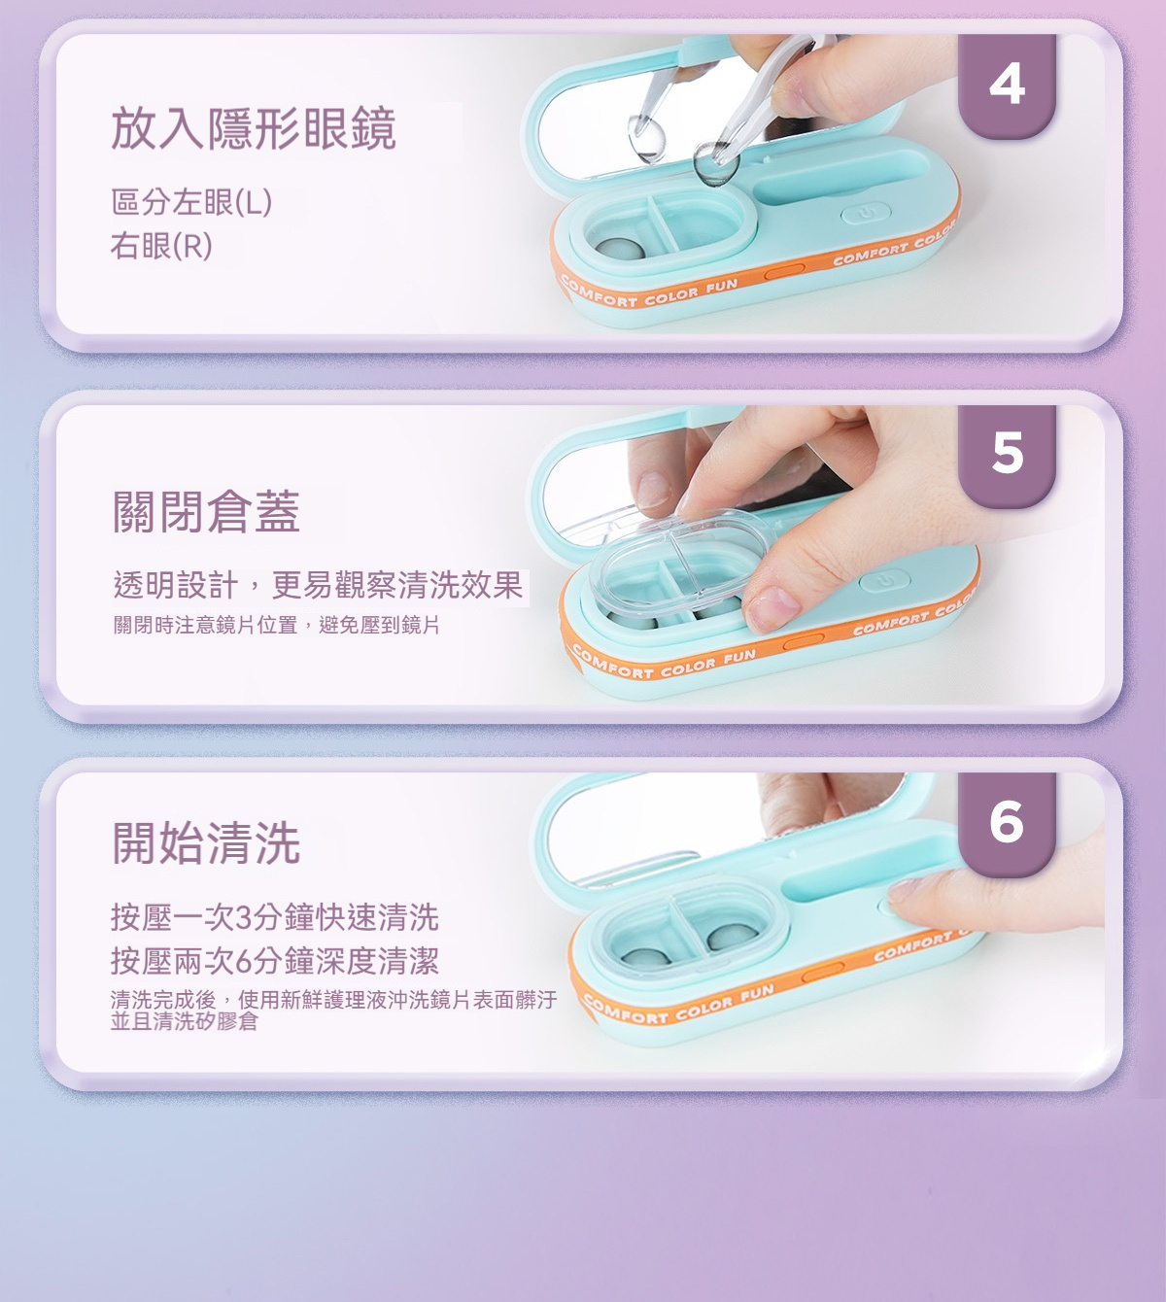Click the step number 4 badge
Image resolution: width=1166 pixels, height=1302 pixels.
coord(1007,86)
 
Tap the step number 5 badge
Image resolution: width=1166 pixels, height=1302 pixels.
coord(1007,455)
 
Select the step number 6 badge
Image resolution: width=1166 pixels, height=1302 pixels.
coord(1007,823)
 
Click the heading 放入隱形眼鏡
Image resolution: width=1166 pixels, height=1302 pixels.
coord(254,128)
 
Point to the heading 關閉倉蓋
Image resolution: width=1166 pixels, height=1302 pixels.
coord(206,511)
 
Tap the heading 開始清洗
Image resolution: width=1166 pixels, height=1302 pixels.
coord(206,842)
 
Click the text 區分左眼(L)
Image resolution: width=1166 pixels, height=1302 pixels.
coord(191,202)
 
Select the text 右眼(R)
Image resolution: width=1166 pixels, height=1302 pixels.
coord(161,246)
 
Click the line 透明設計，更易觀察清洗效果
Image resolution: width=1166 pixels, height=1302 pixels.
coord(318,586)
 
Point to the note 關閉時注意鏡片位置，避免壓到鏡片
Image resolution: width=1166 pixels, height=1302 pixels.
coord(276,625)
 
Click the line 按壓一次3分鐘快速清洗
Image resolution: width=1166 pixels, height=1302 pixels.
coord(274,917)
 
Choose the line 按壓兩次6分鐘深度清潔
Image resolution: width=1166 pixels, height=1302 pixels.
coord(274,961)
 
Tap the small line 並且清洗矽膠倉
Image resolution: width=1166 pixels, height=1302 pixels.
coord(185,1020)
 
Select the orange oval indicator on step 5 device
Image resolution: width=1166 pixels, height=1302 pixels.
coord(804,640)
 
